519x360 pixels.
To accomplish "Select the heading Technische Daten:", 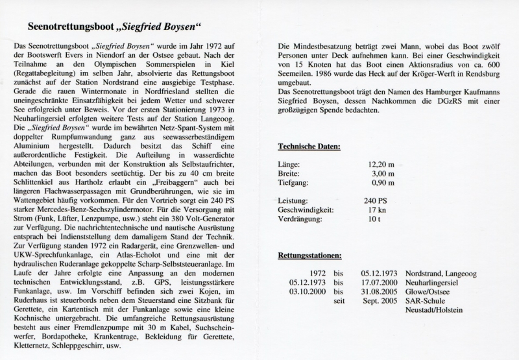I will coord(309,147).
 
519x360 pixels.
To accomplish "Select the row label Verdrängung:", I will coord(300,221).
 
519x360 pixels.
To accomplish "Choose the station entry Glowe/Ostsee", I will coord(429,293).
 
